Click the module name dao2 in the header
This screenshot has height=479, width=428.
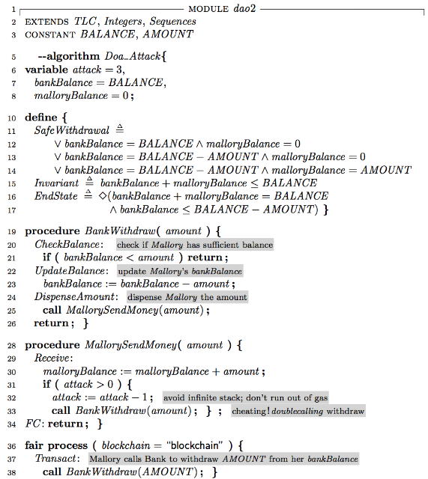point(244,8)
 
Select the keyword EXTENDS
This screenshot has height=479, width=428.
point(46,22)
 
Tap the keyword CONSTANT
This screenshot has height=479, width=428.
point(50,35)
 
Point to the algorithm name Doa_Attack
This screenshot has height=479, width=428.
point(132,57)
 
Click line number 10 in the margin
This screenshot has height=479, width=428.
point(11,118)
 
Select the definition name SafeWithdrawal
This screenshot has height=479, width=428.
point(72,130)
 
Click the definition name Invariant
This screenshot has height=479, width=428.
point(56,183)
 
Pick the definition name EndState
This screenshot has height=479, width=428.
point(55,196)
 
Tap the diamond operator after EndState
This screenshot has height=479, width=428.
point(103,196)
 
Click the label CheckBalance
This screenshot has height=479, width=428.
point(67,245)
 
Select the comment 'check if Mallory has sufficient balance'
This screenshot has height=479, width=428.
point(195,245)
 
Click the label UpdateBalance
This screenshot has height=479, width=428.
point(70,271)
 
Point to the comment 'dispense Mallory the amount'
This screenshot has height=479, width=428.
point(187,297)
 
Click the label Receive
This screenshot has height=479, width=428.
point(52,358)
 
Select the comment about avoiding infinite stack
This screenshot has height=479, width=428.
point(245,397)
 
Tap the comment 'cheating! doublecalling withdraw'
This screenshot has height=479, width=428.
point(298,411)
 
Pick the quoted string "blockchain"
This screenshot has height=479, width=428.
point(195,446)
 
